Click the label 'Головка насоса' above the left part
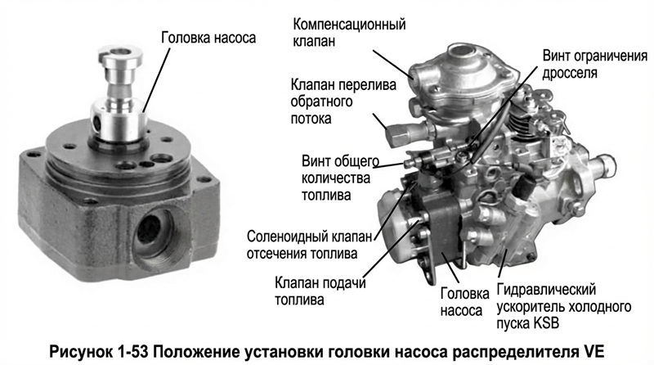coord(208,38)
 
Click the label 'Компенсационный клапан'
coord(349,32)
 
